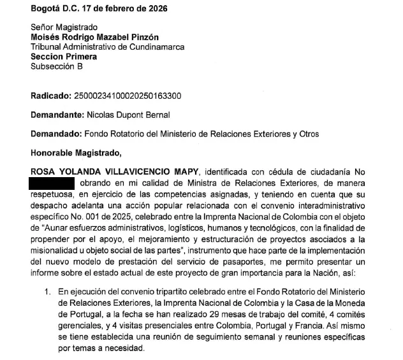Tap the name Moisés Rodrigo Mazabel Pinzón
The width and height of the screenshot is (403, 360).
[x=95, y=38]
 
